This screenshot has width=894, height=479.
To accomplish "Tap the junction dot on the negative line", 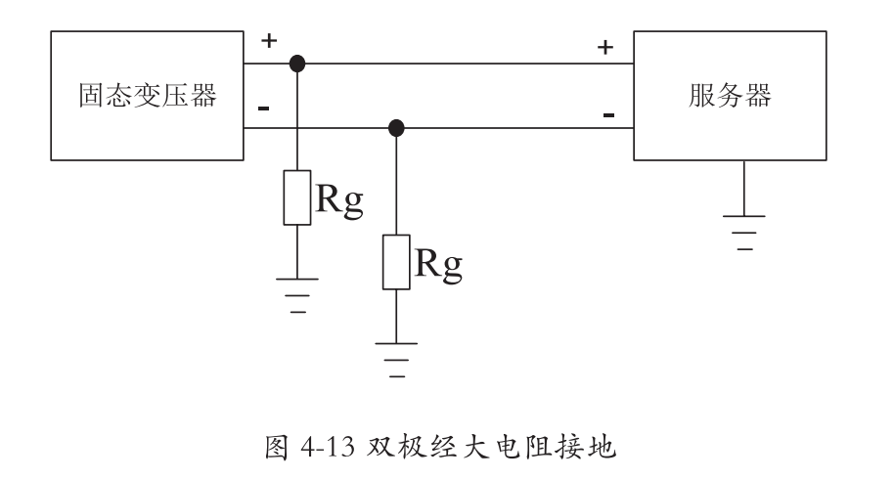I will tap(396, 128).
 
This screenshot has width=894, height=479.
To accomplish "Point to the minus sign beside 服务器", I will tap(608, 115).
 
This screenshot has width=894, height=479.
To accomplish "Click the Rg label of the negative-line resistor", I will tap(435, 264).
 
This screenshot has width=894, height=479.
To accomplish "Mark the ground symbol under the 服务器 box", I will tap(745, 226).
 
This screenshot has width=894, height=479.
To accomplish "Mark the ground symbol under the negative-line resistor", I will tap(396, 355).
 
